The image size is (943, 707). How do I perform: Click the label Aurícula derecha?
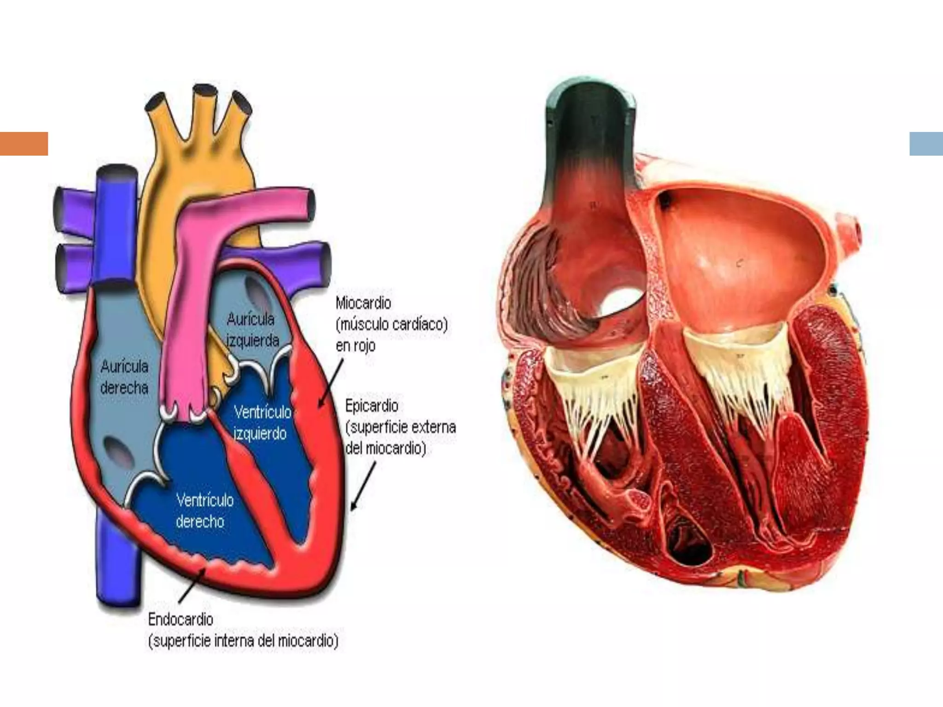click(x=124, y=377)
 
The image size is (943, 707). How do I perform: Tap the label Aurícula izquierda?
click(x=252, y=330)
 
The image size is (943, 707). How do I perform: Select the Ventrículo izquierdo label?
click(x=262, y=423)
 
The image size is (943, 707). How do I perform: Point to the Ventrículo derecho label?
click(x=204, y=511)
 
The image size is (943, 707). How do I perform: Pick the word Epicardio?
click(x=372, y=406)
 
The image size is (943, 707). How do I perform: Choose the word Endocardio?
click(x=180, y=620)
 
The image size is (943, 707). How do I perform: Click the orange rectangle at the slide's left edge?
click(x=24, y=144)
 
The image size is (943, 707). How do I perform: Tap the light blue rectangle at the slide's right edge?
click(x=926, y=144)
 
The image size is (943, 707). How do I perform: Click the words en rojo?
click(x=355, y=345)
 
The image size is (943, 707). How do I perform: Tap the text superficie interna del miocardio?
click(x=243, y=641)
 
